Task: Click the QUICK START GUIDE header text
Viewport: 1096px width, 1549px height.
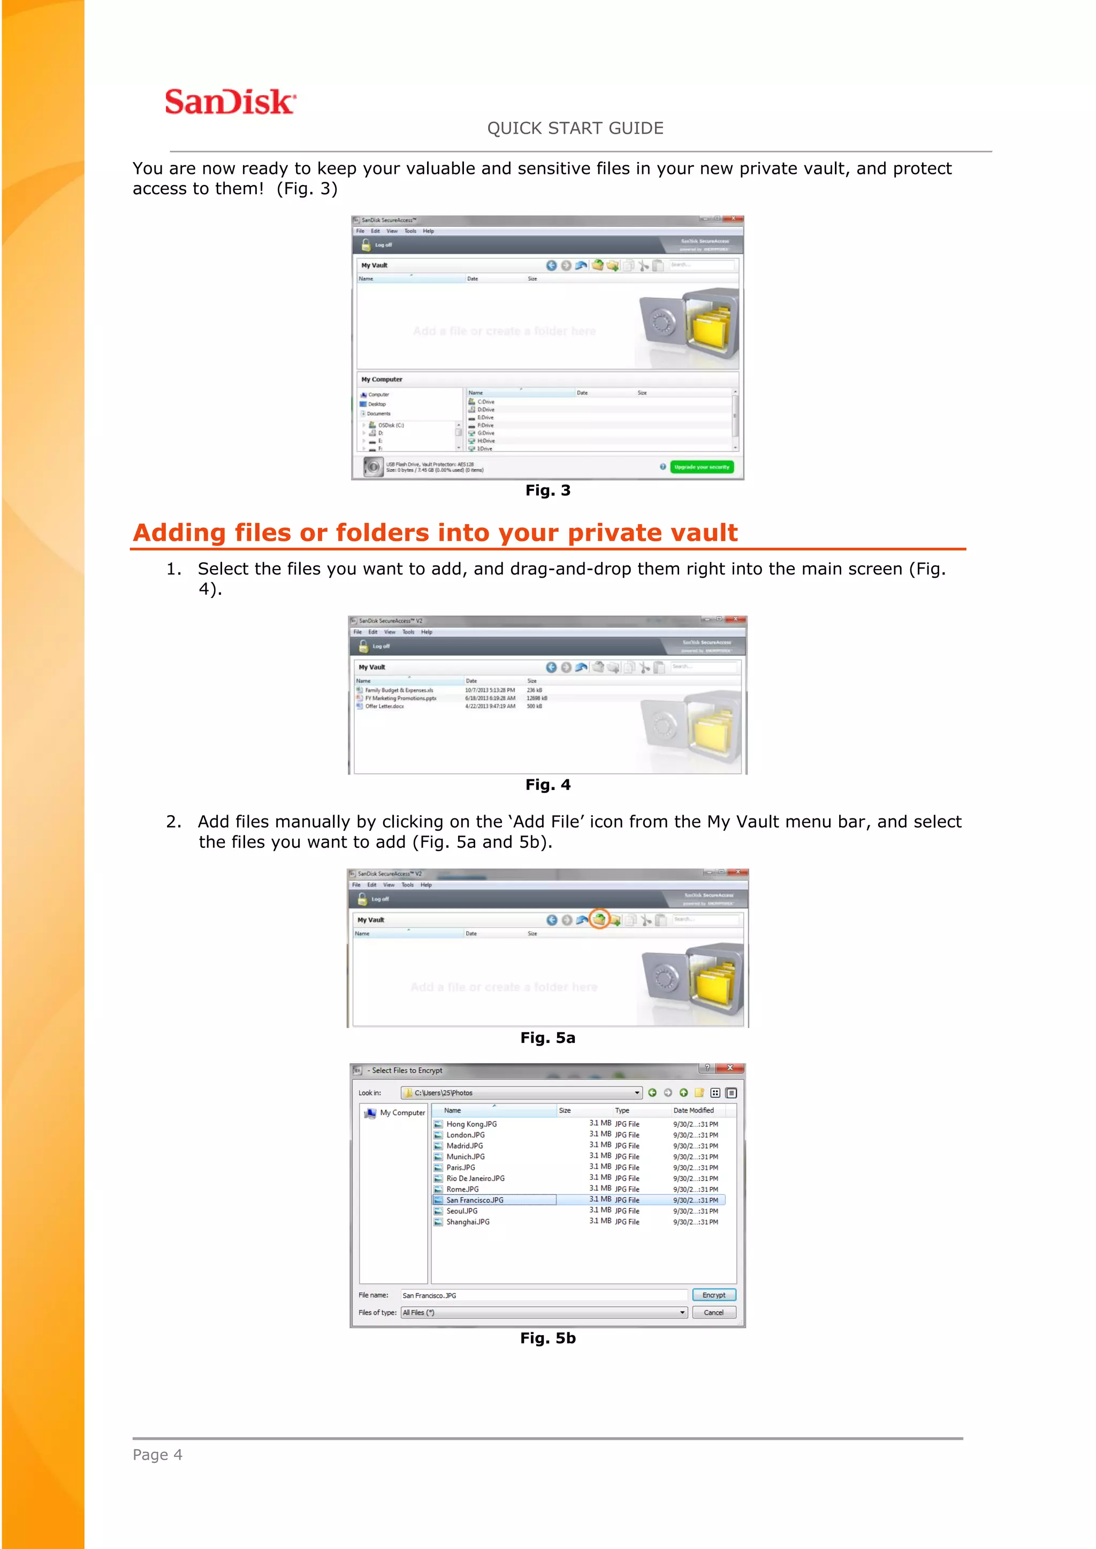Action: pos(575,128)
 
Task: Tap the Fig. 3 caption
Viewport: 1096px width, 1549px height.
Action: pos(547,490)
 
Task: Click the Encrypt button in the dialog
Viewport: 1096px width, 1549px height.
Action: pos(713,1294)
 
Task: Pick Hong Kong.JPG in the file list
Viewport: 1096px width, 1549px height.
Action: pos(471,1124)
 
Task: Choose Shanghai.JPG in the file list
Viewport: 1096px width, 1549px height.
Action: pos(468,1222)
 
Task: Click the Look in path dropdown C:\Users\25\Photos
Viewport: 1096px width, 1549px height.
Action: pos(521,1092)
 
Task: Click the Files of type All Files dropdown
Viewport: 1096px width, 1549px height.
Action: pos(543,1312)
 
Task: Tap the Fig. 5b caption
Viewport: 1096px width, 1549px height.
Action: pos(547,1338)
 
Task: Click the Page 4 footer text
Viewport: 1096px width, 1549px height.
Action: pos(157,1454)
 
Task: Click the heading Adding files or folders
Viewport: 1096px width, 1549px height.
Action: pos(435,533)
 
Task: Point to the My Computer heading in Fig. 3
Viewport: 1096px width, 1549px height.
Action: pos(382,379)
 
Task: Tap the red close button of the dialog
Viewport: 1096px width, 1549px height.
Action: pos(729,1068)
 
